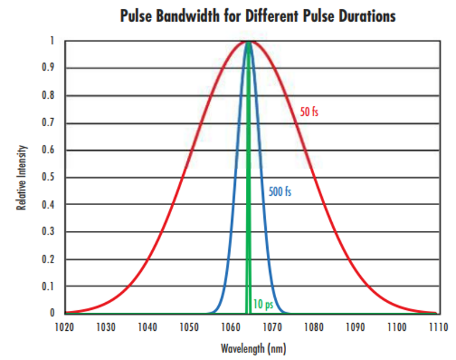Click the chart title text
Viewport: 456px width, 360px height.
click(257, 16)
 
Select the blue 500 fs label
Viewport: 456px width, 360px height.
click(280, 192)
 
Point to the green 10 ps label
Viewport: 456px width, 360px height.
click(263, 304)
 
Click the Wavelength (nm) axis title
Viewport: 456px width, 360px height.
click(253, 349)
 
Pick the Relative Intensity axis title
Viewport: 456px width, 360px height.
click(21, 178)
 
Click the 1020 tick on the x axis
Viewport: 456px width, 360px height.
click(64, 327)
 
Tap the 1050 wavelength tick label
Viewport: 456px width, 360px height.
click(189, 327)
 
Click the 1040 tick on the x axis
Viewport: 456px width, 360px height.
click(148, 327)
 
